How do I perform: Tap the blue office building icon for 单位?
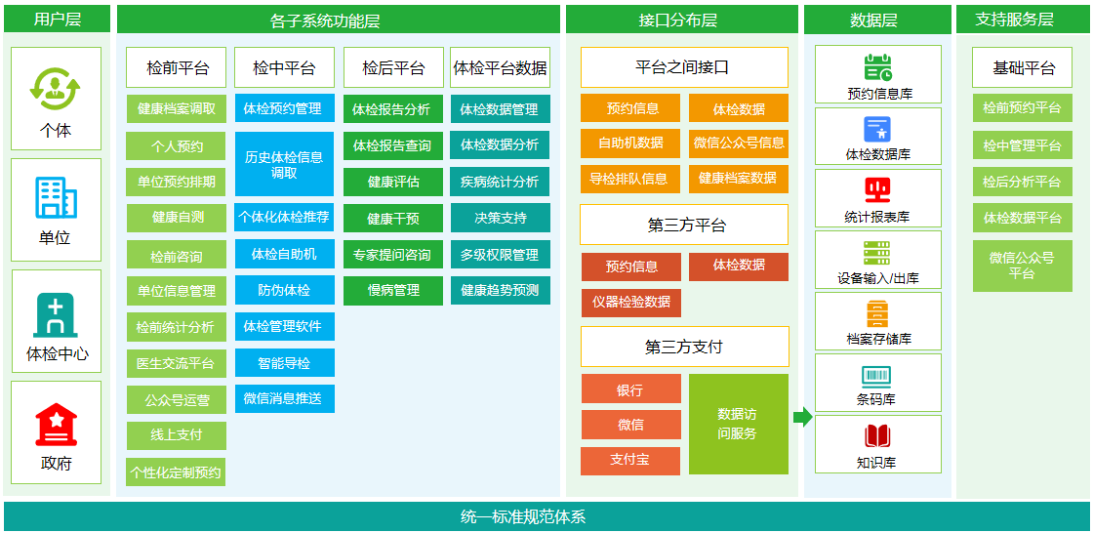57,199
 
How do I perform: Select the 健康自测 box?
177,218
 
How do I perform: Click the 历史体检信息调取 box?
284,164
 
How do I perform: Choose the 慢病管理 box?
393,291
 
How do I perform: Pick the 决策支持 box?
501,218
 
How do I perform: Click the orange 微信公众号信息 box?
739,143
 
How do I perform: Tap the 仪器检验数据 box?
631,303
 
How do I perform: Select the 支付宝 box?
630,461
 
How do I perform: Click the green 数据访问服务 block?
738,425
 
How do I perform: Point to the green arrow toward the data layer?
802,417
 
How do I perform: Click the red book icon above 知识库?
877,436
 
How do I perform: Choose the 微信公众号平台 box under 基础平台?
1023,266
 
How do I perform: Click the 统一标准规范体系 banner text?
523,517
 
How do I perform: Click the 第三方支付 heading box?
684,347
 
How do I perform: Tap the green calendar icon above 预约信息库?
877,67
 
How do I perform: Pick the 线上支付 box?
177,435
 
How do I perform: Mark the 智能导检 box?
284,363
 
